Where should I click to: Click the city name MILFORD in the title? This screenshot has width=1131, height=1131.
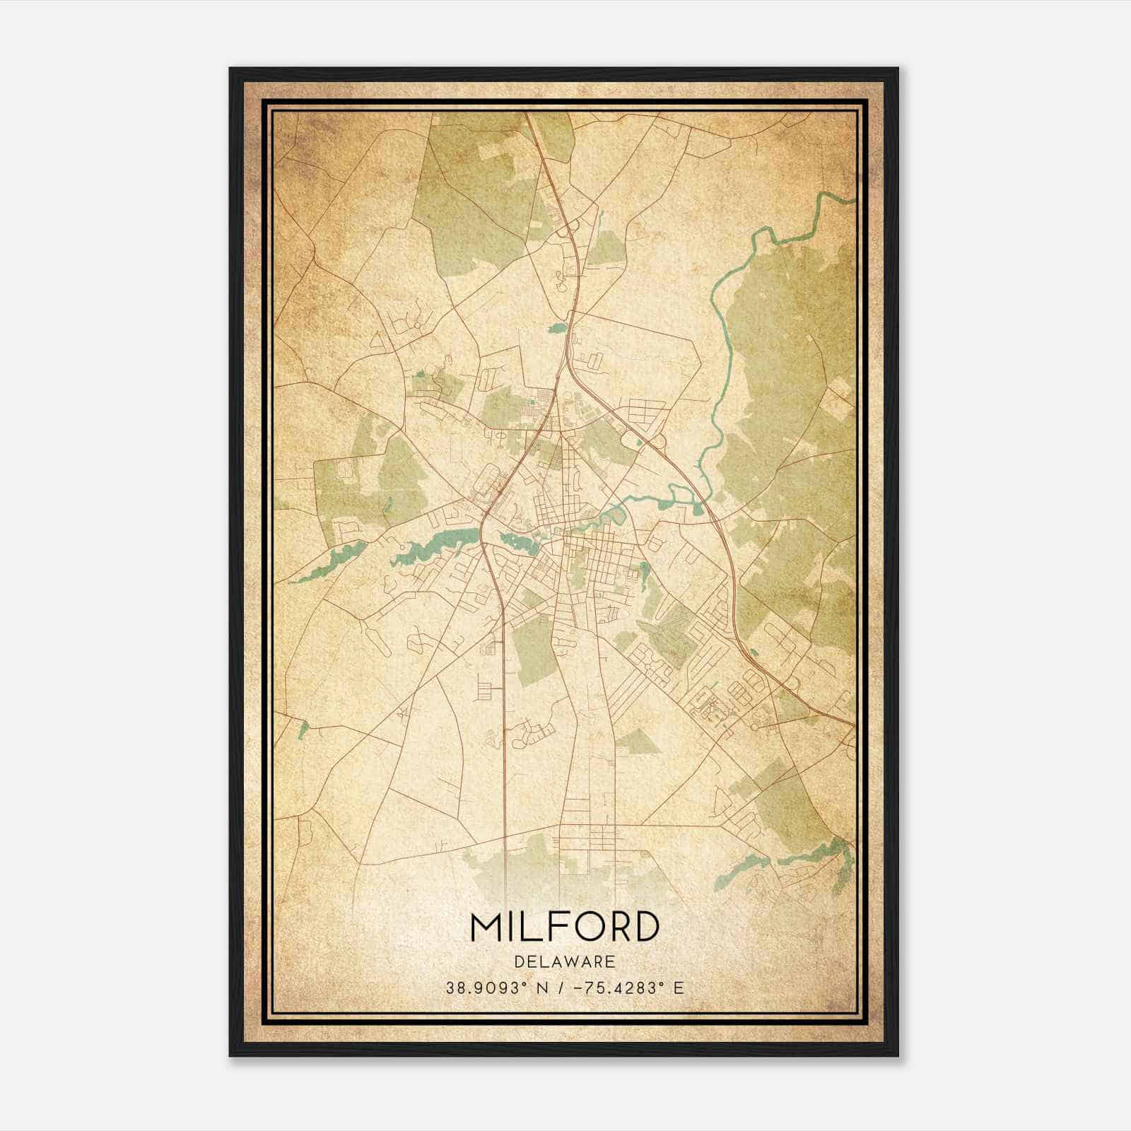[x=564, y=927]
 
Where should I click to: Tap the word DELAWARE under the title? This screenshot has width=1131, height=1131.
[x=564, y=962]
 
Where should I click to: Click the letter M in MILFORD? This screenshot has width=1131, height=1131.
[x=486, y=927]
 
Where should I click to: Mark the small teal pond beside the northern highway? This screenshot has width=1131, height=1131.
[x=558, y=328]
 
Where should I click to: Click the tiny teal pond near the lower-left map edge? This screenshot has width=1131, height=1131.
[x=303, y=728]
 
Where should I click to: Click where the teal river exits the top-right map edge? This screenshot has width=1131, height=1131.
[x=851, y=200]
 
